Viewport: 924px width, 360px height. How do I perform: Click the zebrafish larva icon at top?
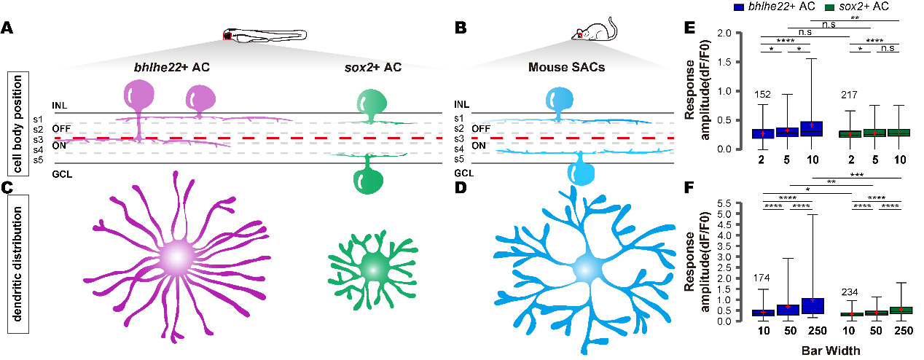point(265,34)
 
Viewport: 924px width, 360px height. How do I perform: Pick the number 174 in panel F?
point(775,278)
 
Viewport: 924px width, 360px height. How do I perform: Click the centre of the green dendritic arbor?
point(373,267)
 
